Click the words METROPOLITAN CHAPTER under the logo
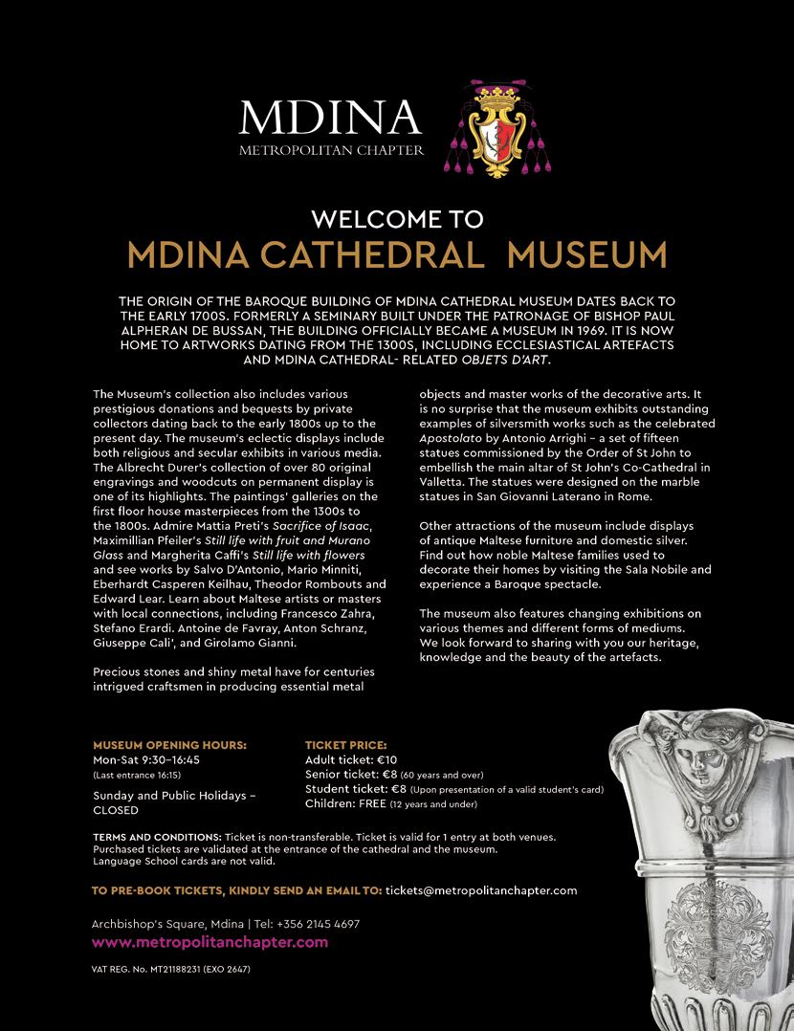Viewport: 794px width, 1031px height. click(331, 150)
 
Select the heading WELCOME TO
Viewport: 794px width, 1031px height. click(397, 219)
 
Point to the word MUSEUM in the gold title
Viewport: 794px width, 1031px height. click(586, 255)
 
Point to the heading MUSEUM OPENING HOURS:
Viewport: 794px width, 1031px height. click(169, 744)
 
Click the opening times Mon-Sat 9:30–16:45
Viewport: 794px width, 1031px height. click(145, 759)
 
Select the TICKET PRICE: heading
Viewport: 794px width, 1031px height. click(345, 744)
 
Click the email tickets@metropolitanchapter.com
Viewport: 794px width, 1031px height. click(481, 889)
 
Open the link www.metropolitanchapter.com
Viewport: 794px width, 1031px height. click(210, 943)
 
